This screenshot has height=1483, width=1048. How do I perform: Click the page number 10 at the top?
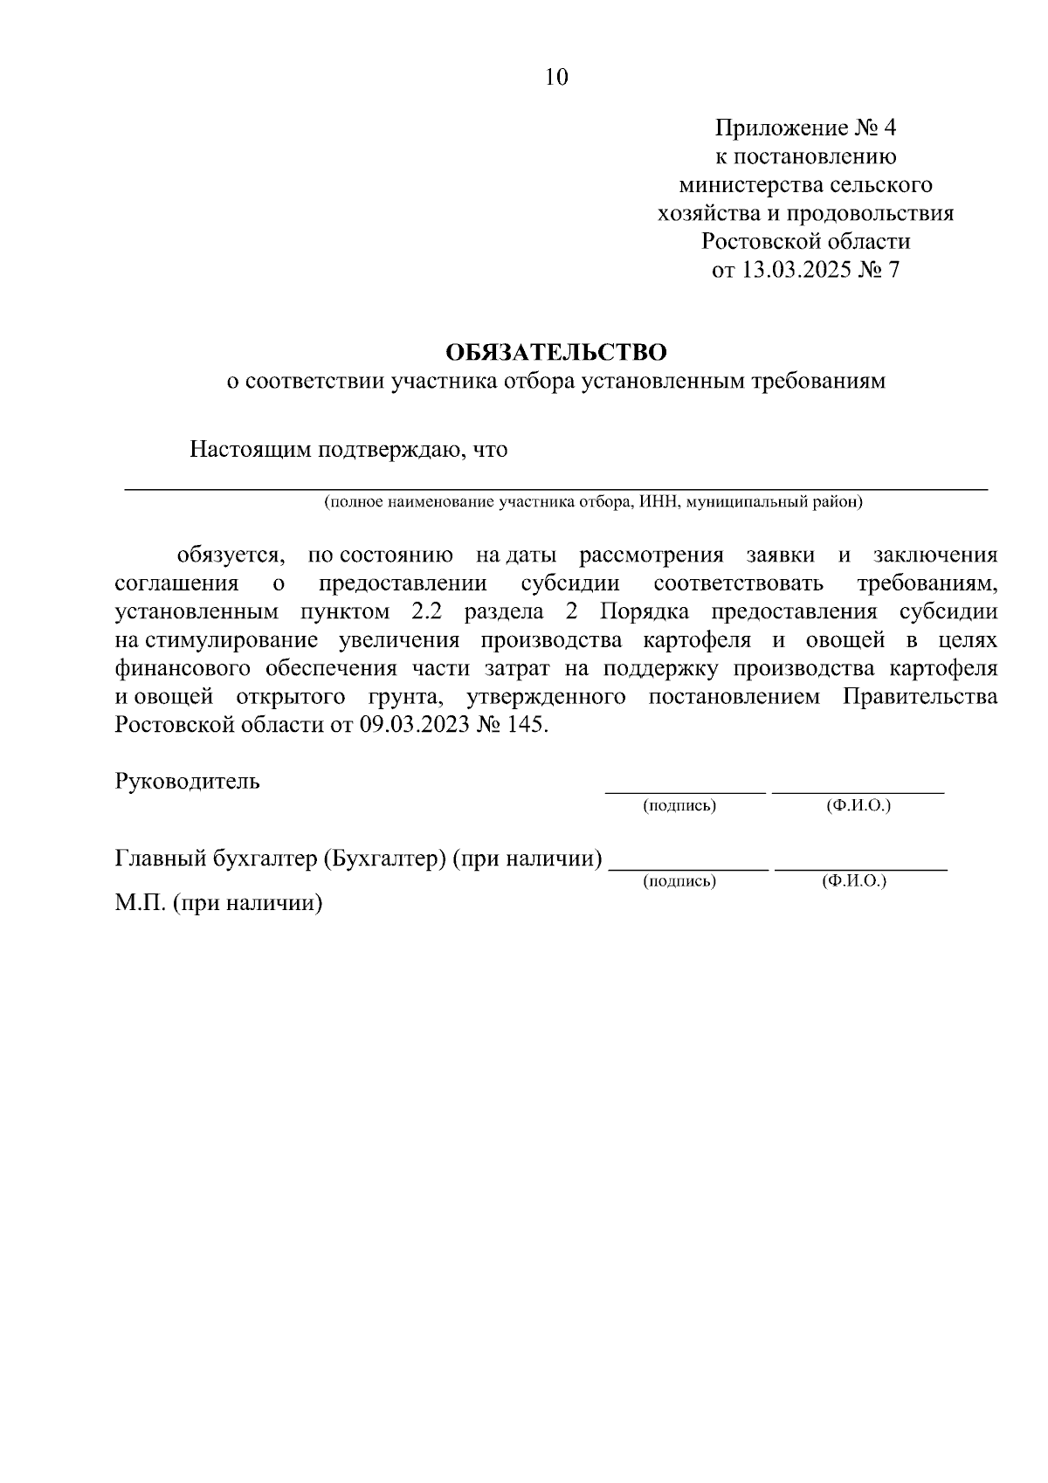(x=556, y=78)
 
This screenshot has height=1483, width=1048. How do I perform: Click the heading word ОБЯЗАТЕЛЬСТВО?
(x=556, y=353)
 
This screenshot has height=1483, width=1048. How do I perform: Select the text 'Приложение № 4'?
(x=805, y=128)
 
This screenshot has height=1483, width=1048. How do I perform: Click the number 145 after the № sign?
(x=528, y=725)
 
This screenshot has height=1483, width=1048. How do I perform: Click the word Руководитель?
(x=187, y=781)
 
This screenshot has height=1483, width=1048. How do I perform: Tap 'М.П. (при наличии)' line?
(x=218, y=903)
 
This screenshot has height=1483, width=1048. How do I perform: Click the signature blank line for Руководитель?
(x=686, y=790)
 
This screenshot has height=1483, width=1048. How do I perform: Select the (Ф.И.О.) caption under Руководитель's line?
(x=858, y=806)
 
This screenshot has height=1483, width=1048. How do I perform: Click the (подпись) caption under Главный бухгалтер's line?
(x=679, y=882)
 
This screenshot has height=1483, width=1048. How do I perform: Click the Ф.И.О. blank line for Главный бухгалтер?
(x=860, y=868)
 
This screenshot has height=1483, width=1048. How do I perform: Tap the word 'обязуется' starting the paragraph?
(x=230, y=555)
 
